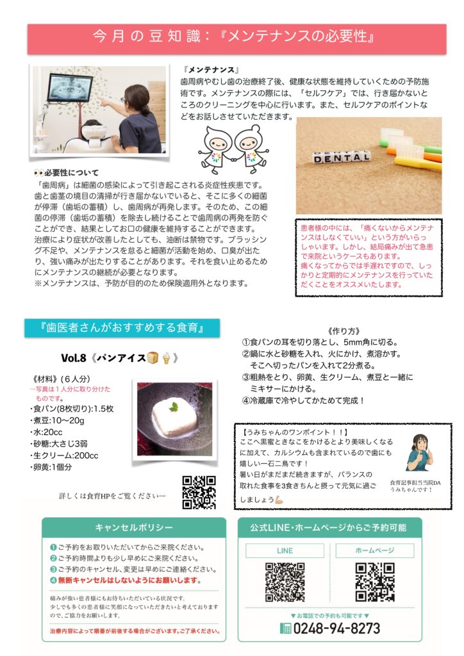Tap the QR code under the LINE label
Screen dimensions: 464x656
coord(285,582)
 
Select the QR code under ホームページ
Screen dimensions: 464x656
coord(375,582)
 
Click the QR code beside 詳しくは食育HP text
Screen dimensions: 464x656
coord(199,493)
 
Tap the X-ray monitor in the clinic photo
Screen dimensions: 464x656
coord(70,88)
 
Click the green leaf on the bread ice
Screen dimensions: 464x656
coord(174,406)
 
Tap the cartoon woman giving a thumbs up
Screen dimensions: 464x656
coord(419,453)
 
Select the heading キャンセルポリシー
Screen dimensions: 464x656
coord(134,528)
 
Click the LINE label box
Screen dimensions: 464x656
coord(285,550)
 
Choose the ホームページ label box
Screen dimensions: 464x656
coord(375,550)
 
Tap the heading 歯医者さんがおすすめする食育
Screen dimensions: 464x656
coord(122,327)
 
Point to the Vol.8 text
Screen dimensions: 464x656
coord(74,357)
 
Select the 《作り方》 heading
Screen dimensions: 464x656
coord(344,331)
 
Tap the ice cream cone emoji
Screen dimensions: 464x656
coord(166,358)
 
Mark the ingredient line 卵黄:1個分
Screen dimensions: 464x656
coord(51,467)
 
